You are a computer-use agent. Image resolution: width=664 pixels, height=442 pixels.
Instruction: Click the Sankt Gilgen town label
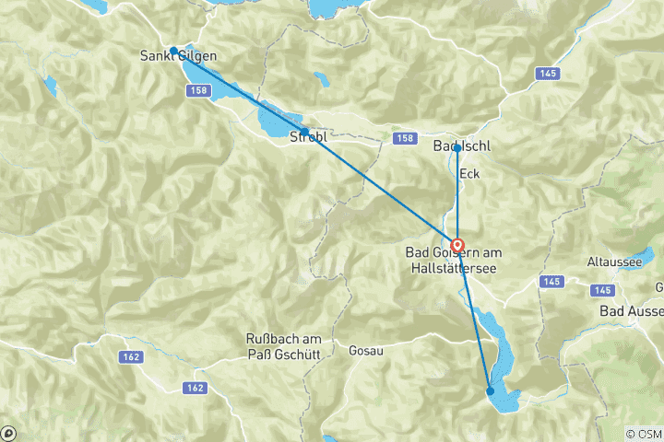pyautogui.click(x=179, y=57)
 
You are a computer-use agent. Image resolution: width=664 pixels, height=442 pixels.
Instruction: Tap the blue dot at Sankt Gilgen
pyautogui.click(x=173, y=51)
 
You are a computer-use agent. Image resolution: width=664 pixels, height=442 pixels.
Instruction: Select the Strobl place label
pyautogui.click(x=309, y=137)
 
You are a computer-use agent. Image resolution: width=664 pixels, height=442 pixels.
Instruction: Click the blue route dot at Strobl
pyautogui.click(x=304, y=131)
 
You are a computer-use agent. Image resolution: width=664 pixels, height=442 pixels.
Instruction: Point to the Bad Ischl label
pyautogui.click(x=461, y=146)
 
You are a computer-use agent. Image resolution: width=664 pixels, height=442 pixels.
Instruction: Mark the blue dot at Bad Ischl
pyautogui.click(x=457, y=147)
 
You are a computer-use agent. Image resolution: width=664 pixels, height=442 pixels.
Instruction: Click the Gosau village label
pyautogui.click(x=364, y=351)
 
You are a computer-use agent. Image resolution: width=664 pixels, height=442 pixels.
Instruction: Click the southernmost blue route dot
pyautogui.click(x=491, y=391)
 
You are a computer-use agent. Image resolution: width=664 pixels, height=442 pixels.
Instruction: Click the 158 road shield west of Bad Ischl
pyautogui.click(x=399, y=138)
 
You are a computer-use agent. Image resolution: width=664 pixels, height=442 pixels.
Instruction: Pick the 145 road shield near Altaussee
pyautogui.click(x=552, y=281)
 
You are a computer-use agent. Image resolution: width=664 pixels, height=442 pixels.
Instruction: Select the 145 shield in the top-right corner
pyautogui.click(x=548, y=72)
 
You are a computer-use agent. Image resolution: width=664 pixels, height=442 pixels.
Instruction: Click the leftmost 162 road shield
pyautogui.click(x=127, y=355)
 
